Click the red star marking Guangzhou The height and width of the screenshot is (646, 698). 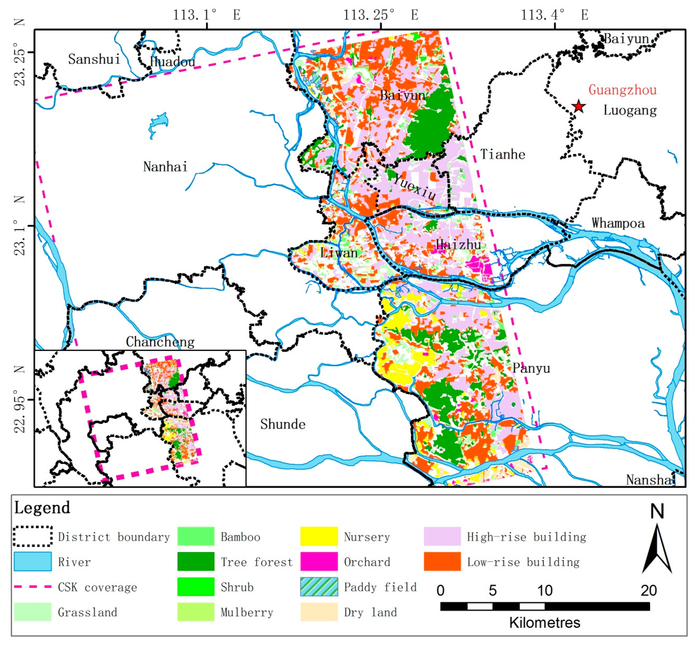(578, 106)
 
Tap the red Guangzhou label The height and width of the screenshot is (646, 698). (622, 90)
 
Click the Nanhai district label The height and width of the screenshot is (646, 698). (165, 167)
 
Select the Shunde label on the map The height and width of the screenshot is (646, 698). (283, 424)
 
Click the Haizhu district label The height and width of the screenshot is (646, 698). (458, 245)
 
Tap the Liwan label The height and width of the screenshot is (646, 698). (339, 253)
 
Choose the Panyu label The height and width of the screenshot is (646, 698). (531, 368)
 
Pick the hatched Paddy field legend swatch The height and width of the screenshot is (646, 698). (319, 587)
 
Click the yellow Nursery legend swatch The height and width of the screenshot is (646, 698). (319, 537)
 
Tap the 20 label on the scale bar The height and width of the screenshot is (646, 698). (648, 590)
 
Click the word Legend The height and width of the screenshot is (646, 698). (42, 508)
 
